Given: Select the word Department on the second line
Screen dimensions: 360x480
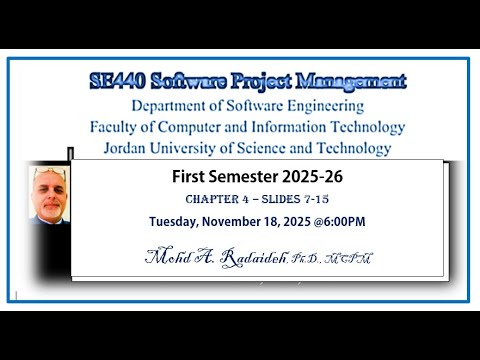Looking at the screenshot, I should click(169, 105).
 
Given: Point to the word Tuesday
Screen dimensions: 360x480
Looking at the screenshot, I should click(177, 221).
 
